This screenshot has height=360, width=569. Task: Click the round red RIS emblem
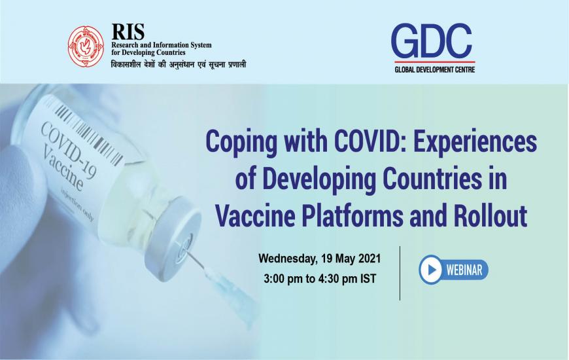(86, 46)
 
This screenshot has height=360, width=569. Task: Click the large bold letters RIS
(128, 32)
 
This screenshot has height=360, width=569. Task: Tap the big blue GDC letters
(432, 41)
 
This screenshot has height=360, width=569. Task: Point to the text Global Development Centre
(435, 69)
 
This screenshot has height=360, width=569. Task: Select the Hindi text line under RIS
(179, 64)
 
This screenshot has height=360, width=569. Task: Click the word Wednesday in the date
(288, 259)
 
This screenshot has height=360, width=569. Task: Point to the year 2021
(370, 259)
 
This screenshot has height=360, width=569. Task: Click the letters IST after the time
(368, 279)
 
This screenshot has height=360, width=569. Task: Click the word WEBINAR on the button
(464, 270)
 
